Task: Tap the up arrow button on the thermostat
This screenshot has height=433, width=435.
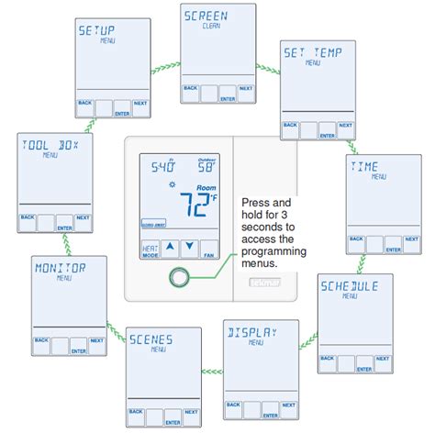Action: (x=169, y=246)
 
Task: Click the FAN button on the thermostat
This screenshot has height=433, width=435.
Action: (x=208, y=251)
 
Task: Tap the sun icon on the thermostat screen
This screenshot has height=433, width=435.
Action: (x=172, y=184)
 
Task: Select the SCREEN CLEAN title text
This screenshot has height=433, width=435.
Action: (x=206, y=17)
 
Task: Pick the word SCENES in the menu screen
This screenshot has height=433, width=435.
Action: (x=151, y=339)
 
